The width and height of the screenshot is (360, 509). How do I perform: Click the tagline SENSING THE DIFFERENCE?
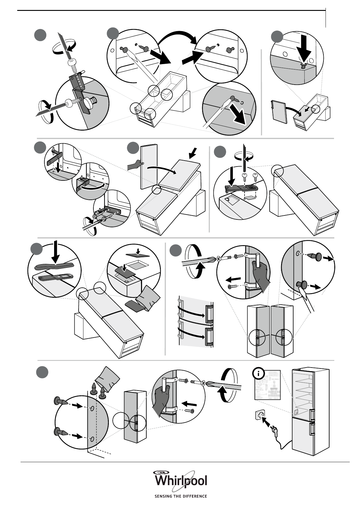(181, 496)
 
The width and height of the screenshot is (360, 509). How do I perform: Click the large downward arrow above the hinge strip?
(56, 252)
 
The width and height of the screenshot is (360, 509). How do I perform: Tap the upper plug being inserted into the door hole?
(62, 402)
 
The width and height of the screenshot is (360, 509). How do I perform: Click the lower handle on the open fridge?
(312, 433)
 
